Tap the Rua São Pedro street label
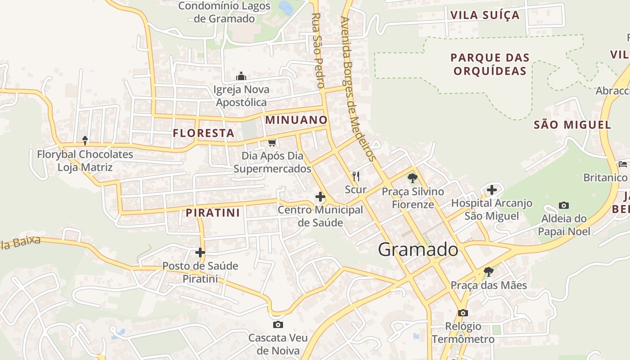click(x=318, y=50)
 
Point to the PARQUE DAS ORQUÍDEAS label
click(x=490, y=64)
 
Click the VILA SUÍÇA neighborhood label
click(x=485, y=15)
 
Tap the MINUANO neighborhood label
click(x=296, y=120)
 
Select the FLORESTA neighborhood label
click(x=204, y=133)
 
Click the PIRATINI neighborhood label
click(x=213, y=213)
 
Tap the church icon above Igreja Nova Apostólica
click(x=241, y=76)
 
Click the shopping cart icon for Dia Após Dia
click(x=272, y=143)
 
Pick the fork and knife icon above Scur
click(x=356, y=176)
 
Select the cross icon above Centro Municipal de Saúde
click(x=320, y=197)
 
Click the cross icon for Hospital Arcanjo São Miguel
click(x=492, y=189)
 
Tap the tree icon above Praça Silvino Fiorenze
click(x=412, y=178)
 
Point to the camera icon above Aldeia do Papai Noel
click(x=563, y=206)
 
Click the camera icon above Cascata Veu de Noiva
click(x=278, y=324)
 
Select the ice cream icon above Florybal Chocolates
click(x=85, y=140)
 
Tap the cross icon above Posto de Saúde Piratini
click(x=200, y=252)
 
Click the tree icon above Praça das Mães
click(x=488, y=272)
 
